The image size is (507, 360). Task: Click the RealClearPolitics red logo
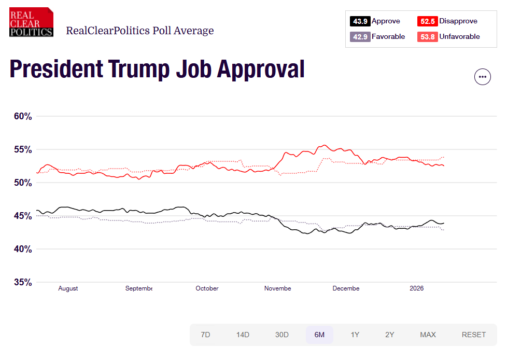31,22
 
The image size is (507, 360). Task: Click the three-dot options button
483,77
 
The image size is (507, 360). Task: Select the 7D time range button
205,335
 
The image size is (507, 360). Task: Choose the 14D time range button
243,335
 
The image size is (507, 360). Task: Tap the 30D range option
281,335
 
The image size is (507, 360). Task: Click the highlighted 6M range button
319,335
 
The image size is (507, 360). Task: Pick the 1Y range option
355,335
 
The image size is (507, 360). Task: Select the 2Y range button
389,335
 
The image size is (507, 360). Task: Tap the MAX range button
428,335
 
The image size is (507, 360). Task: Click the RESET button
474,335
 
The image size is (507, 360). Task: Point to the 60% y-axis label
22,116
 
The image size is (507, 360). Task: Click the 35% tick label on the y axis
22,282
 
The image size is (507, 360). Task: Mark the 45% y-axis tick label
22,216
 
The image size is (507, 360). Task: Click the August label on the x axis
68,288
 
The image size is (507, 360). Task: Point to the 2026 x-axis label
416,288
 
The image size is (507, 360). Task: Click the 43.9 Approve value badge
360,21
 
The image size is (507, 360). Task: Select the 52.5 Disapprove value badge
427,21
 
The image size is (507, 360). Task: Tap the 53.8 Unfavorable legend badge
427,37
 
